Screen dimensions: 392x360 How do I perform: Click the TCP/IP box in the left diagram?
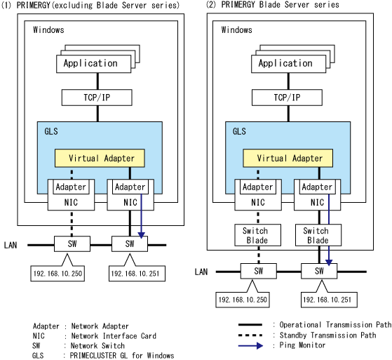point(97,98)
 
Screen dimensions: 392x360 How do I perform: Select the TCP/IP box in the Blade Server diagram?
point(287,98)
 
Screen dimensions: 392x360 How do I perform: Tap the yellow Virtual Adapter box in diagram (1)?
point(100,158)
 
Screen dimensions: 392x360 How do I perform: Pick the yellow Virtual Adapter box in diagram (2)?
point(288,158)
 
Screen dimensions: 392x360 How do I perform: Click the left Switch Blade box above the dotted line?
point(257,235)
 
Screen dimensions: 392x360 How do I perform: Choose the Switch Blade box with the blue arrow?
point(318,235)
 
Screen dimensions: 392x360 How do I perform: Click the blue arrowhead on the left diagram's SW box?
point(142,235)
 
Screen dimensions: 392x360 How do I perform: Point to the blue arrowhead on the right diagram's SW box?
point(329,262)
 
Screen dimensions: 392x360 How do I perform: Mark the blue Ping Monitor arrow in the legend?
point(250,346)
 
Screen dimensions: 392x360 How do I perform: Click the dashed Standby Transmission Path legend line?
point(250,335)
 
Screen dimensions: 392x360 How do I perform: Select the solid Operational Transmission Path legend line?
point(250,325)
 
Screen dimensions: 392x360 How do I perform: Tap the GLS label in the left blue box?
point(51,131)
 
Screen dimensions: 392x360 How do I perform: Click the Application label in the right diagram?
point(285,63)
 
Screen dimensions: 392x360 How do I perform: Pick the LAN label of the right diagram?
point(201,272)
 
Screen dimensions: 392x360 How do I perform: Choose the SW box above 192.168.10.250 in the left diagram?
point(72,244)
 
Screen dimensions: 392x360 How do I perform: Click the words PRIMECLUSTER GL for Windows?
point(122,356)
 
